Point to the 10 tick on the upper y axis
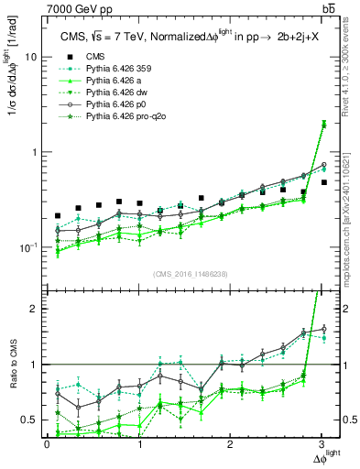31,57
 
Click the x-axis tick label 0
47,444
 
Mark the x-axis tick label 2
231,444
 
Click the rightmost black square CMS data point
323,182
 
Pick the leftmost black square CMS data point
58,216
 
